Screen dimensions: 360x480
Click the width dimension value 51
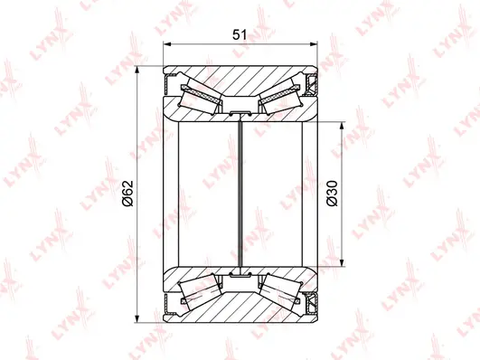pyautogui.click(x=240, y=34)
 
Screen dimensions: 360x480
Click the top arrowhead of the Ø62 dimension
pyautogui.click(x=136, y=72)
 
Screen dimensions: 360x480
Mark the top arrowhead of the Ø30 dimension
pyautogui.click(x=341, y=124)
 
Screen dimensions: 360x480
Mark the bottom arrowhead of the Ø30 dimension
pyautogui.click(x=341, y=264)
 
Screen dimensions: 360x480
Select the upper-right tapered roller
pyautogui.click(x=277, y=97)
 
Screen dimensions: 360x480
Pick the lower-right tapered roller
pyautogui.click(x=277, y=290)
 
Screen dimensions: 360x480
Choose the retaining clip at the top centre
pyautogui.click(x=240, y=114)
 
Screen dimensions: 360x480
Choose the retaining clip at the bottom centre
pyautogui.click(x=240, y=273)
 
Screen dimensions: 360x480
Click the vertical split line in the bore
pyautogui.click(x=240, y=194)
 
